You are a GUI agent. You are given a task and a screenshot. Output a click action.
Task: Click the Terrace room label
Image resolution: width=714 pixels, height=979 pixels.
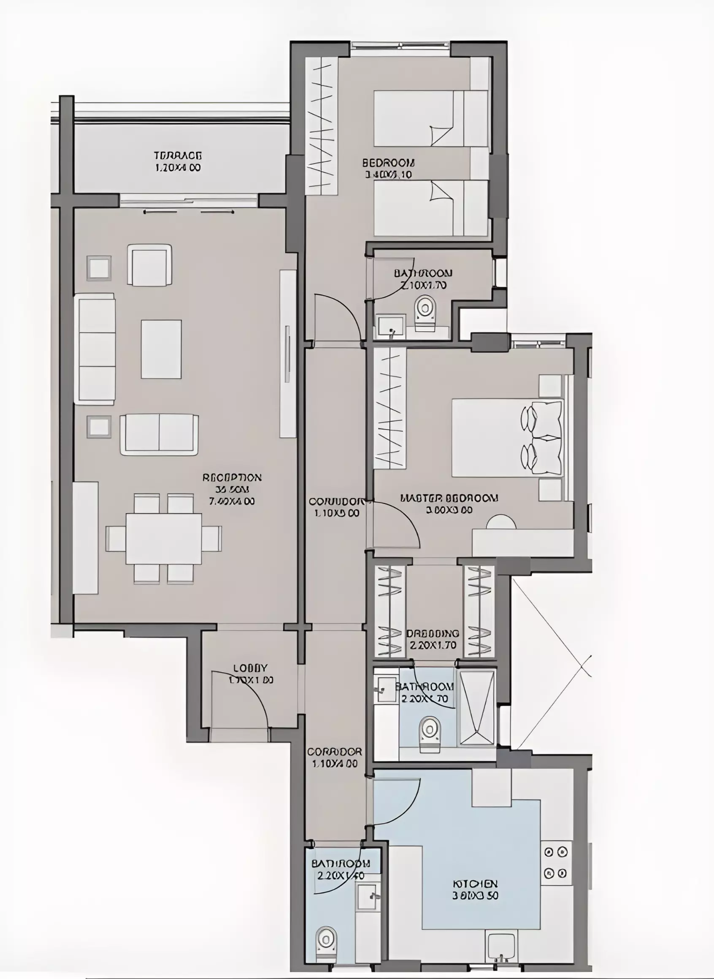[178, 161]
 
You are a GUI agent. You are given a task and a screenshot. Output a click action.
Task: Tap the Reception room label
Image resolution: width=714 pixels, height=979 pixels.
[232, 489]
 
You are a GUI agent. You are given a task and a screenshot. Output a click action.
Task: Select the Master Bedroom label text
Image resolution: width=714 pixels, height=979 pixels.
[449, 503]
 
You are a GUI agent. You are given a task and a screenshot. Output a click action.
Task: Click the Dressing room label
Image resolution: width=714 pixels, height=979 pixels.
[433, 639]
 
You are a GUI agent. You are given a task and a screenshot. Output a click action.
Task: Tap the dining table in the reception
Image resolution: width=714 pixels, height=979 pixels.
[164, 538]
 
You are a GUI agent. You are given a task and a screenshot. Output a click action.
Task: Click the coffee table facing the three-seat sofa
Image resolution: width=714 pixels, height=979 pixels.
[161, 349]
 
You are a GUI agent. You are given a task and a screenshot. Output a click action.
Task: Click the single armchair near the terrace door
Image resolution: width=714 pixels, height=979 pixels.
[149, 265]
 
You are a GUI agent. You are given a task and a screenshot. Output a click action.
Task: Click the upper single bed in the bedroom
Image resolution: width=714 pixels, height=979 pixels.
[430, 119]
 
